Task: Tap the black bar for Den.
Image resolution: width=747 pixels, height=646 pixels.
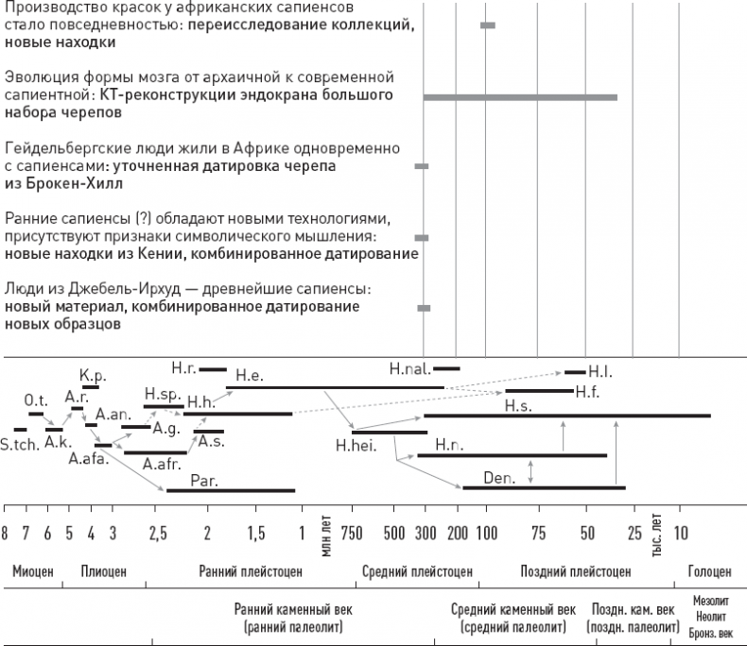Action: click(544, 487)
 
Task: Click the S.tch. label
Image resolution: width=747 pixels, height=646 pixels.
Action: click(19, 443)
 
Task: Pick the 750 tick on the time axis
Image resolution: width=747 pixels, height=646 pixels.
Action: click(351, 535)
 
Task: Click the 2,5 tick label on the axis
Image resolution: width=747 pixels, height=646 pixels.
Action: click(158, 535)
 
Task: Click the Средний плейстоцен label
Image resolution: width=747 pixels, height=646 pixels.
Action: click(416, 571)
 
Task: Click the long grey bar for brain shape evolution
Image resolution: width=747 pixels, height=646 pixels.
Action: click(520, 96)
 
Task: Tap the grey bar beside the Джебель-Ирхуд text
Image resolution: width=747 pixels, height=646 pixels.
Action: click(424, 308)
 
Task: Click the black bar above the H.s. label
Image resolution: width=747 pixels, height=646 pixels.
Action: click(567, 415)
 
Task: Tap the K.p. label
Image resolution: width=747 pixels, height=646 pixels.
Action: click(92, 375)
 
